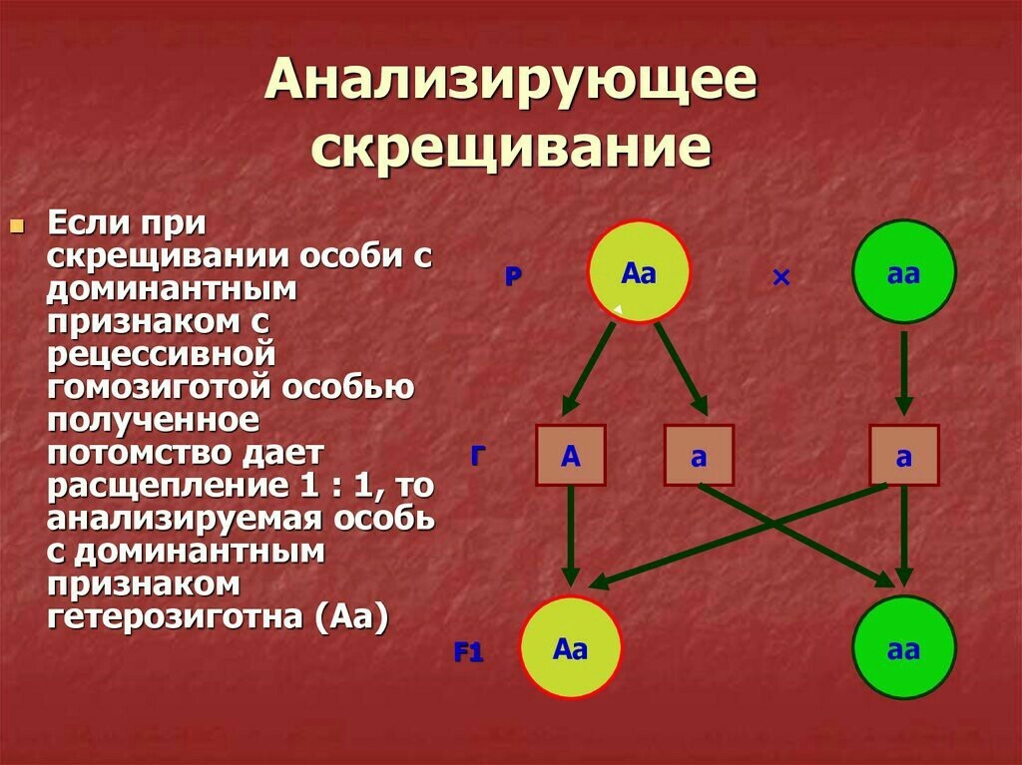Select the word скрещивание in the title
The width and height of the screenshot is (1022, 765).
(x=510, y=148)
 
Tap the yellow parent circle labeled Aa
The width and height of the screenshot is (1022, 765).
(x=639, y=271)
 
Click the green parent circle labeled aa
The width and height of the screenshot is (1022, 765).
(x=903, y=271)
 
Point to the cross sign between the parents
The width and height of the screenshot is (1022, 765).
(x=780, y=278)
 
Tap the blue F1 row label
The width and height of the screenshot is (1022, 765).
(x=468, y=654)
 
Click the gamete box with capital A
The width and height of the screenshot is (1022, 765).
(x=571, y=456)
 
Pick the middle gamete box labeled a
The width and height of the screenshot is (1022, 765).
(x=699, y=456)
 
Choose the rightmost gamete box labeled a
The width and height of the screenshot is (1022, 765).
(x=903, y=456)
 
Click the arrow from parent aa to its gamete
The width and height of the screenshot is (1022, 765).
(x=903, y=372)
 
